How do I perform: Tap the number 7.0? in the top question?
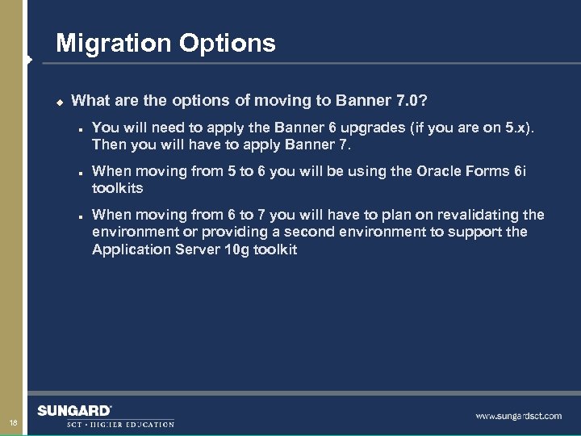coord(412,101)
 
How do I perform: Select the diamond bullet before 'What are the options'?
coord(58,102)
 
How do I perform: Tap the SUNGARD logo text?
coord(74,410)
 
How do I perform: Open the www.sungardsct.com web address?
coord(518,416)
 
